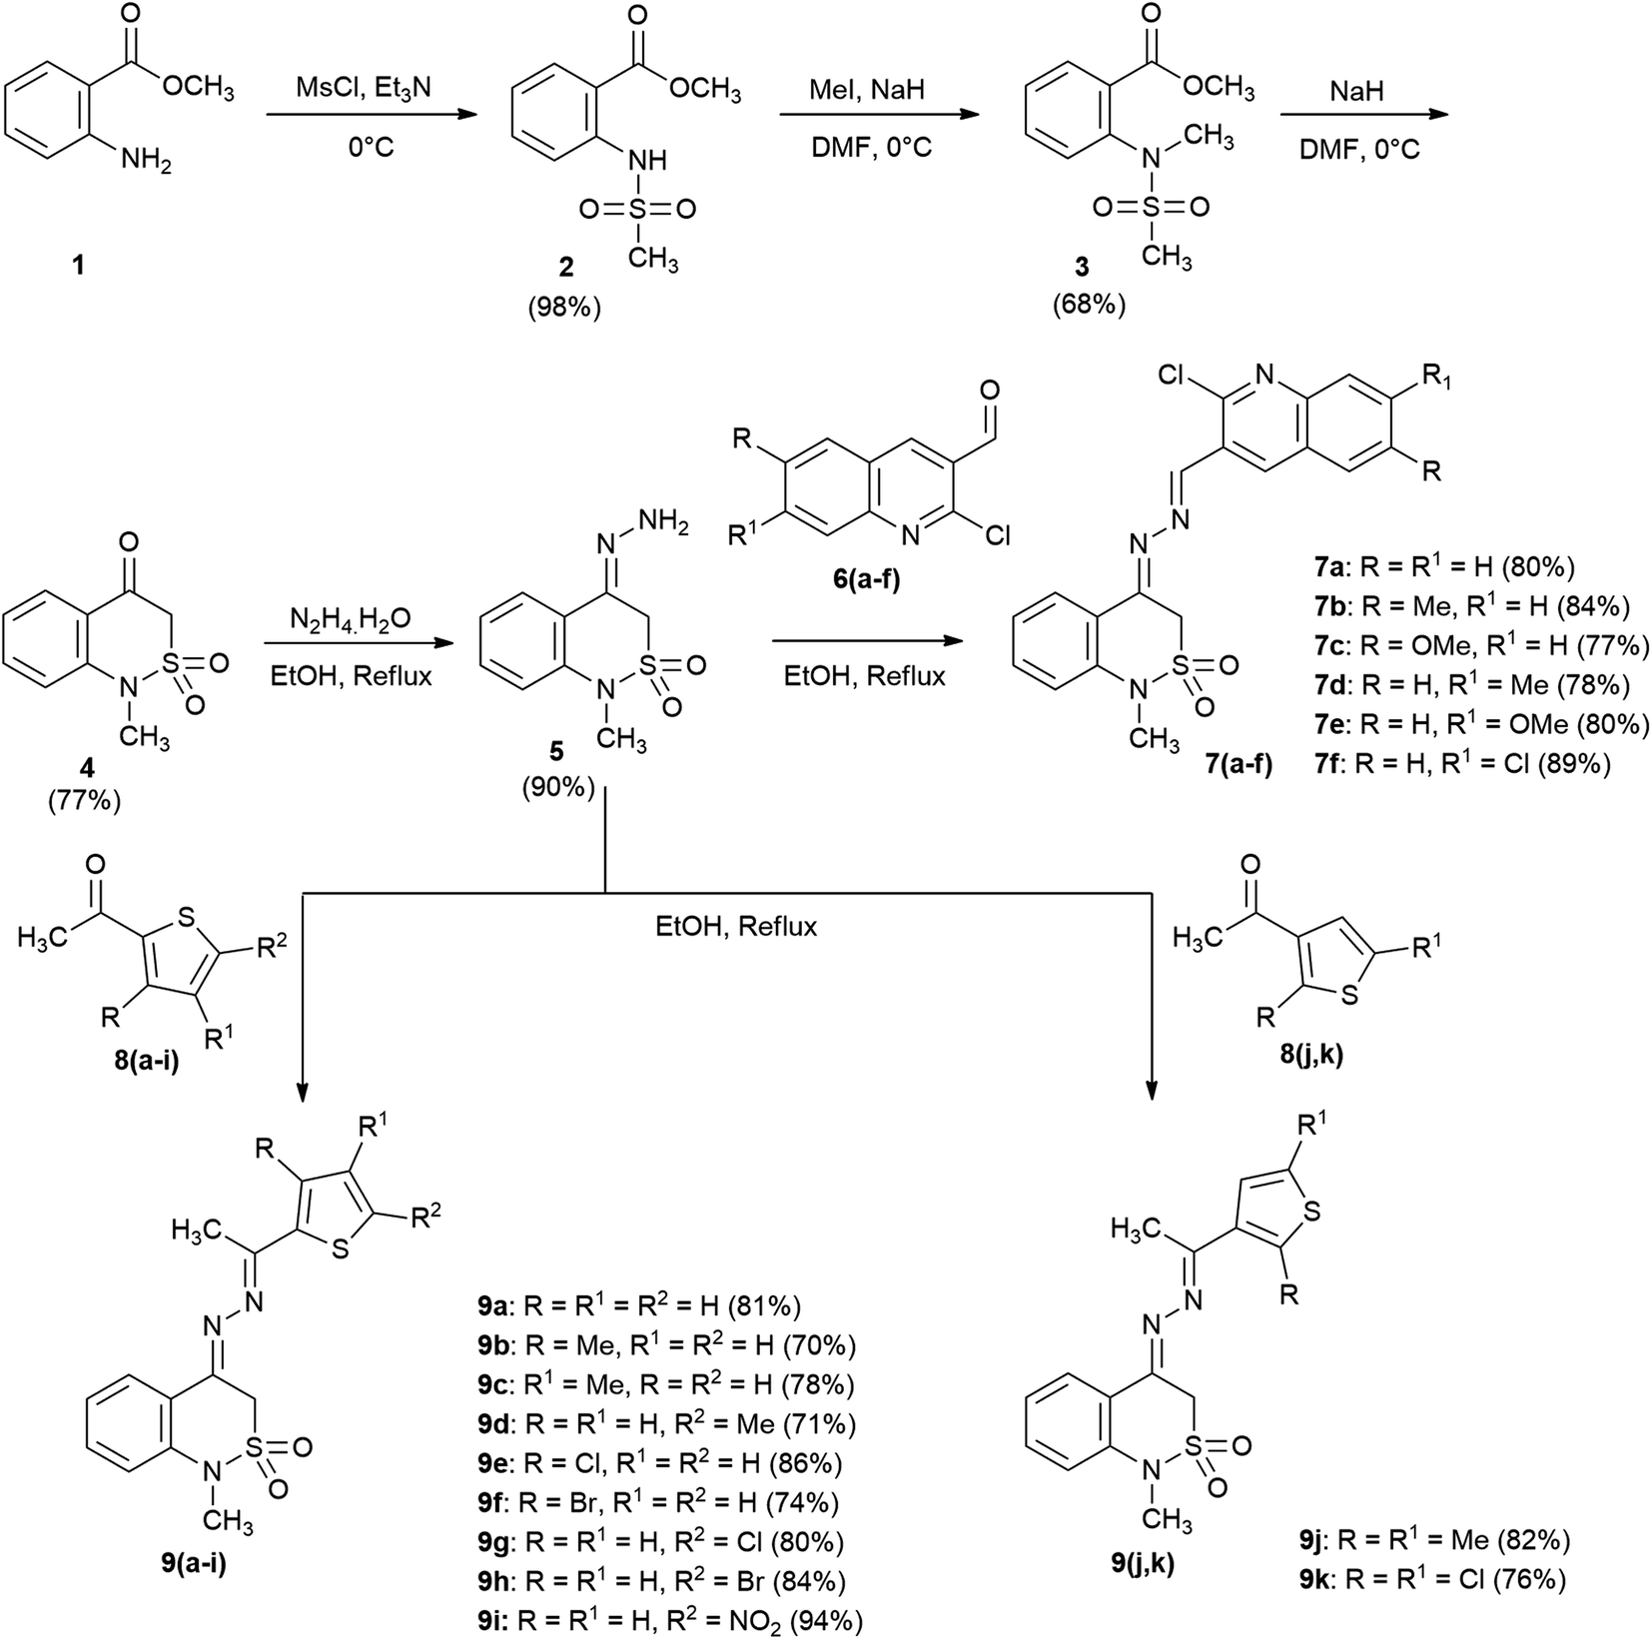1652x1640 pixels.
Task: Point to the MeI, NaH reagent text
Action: [x=866, y=90]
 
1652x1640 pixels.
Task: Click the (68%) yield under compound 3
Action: [x=1089, y=305]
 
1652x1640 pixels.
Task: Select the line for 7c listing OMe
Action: [x=1480, y=646]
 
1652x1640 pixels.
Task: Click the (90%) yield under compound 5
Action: [x=557, y=788]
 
